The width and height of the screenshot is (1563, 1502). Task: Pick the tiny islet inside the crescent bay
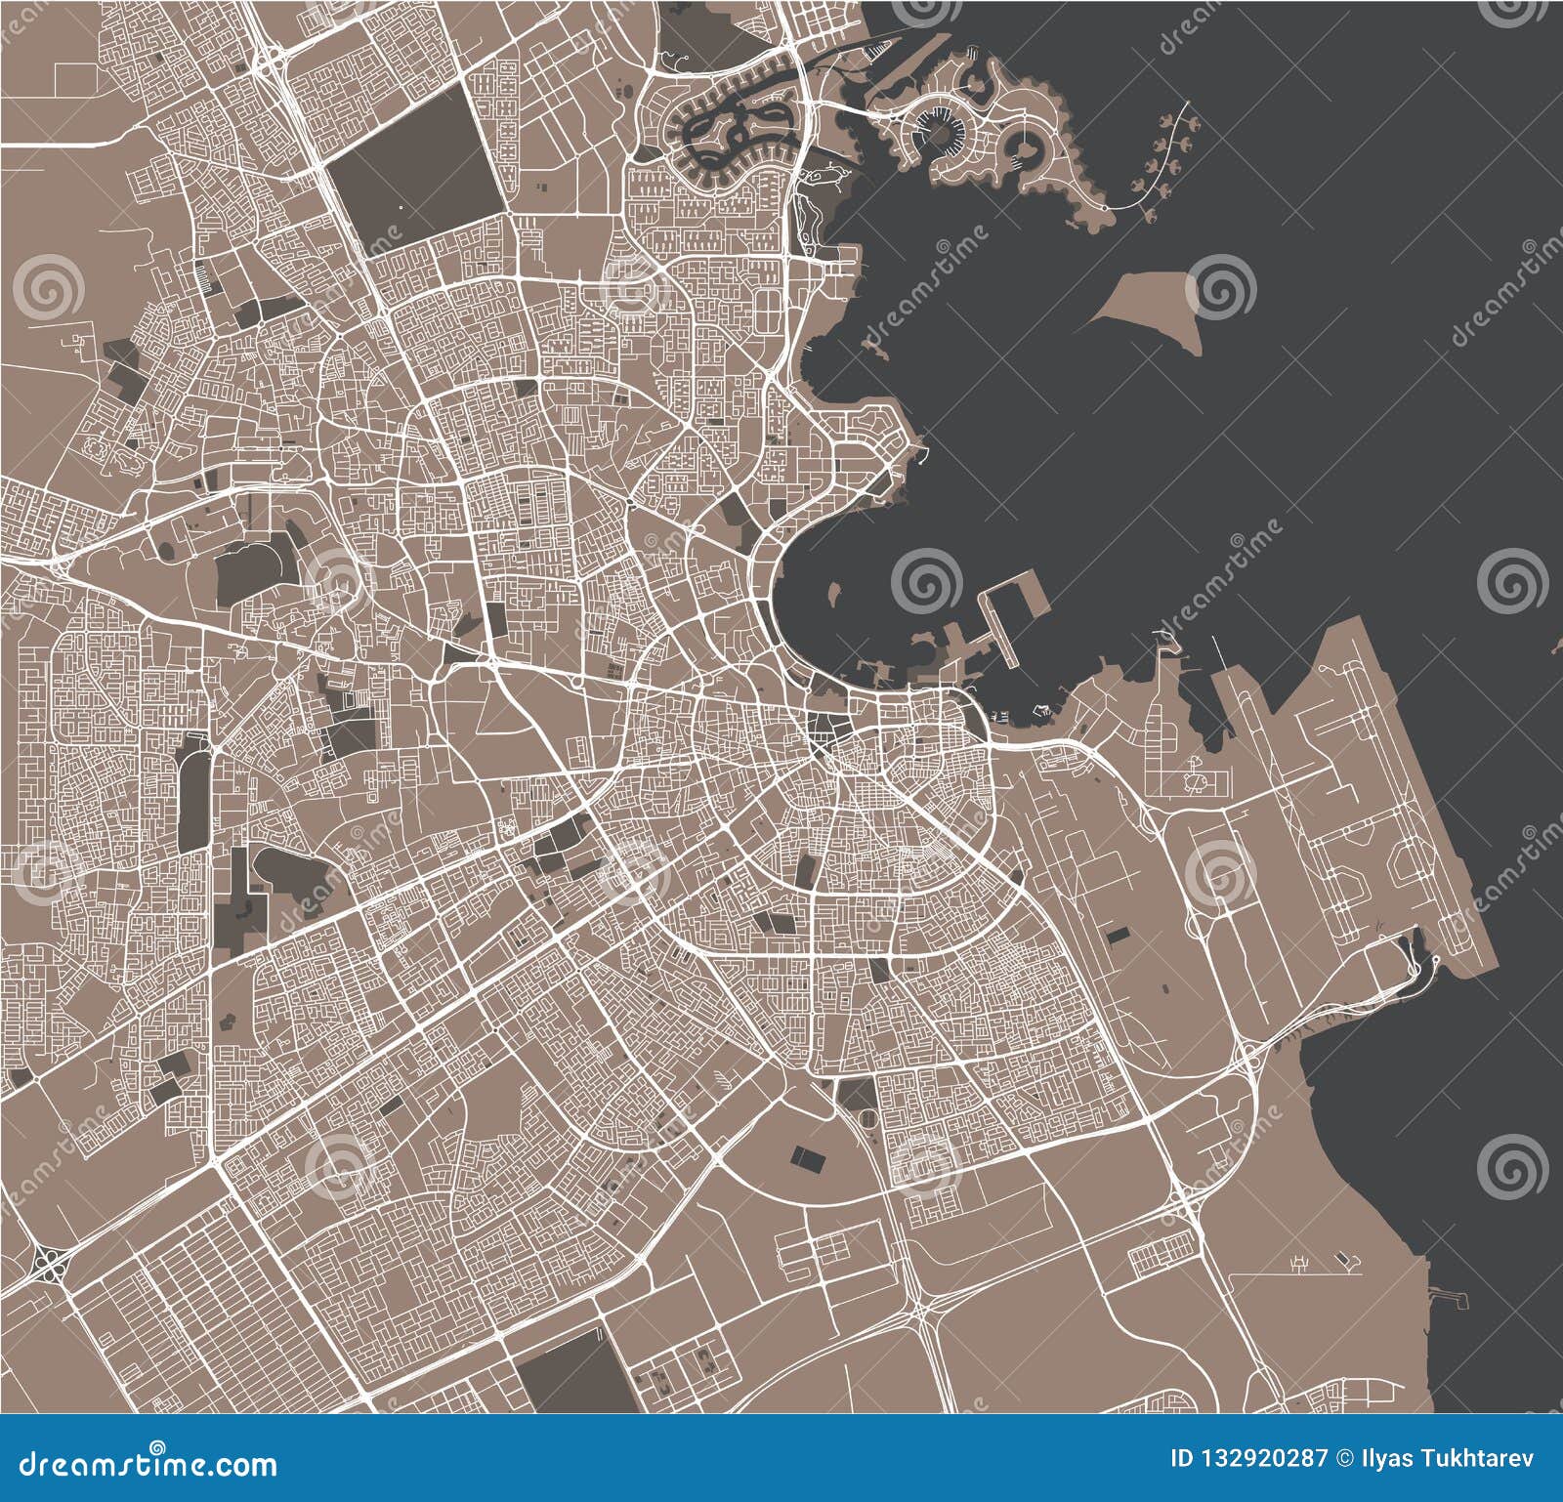coord(833,592)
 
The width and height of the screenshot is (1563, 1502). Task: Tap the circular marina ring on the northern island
coord(937,132)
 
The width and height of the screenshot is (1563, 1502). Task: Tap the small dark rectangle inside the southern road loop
coord(807,1160)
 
